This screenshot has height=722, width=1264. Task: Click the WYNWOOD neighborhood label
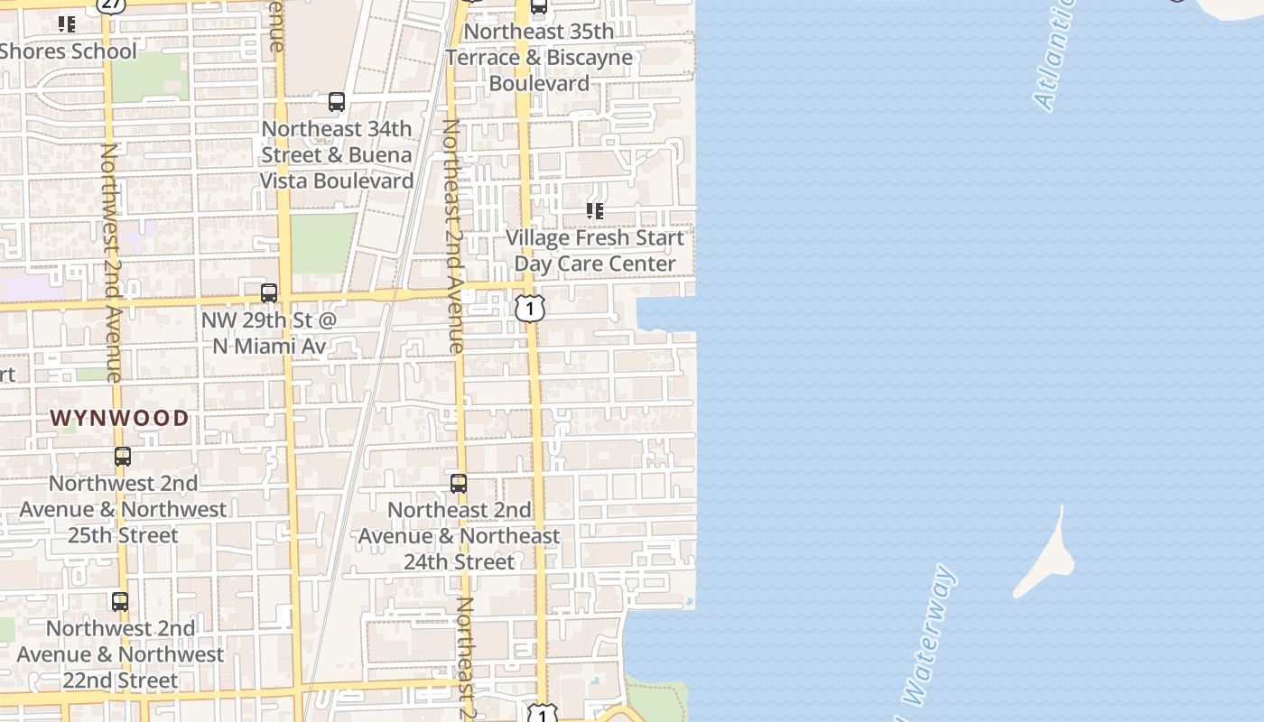[119, 418]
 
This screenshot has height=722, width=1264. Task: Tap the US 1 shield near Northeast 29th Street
[530, 309]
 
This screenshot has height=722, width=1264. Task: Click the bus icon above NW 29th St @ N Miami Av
[269, 293]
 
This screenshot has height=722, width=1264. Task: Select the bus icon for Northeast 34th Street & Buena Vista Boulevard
[337, 102]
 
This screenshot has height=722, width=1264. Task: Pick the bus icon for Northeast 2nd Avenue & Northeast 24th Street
[459, 484]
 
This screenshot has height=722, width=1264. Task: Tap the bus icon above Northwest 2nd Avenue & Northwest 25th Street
[123, 457]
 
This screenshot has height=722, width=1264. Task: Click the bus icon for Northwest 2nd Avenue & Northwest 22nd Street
[120, 601]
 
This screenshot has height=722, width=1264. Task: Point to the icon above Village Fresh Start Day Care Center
[595, 211]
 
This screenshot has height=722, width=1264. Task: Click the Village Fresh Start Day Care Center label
[595, 251]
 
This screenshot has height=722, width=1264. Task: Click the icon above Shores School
[67, 24]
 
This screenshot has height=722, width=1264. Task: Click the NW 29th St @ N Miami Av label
[268, 333]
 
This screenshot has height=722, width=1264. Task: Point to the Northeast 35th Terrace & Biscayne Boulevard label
[539, 58]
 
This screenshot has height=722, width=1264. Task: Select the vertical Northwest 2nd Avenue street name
[110, 262]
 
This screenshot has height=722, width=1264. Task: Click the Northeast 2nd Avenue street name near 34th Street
[452, 235]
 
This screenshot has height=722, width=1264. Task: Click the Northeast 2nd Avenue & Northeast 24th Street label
[459, 536]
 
